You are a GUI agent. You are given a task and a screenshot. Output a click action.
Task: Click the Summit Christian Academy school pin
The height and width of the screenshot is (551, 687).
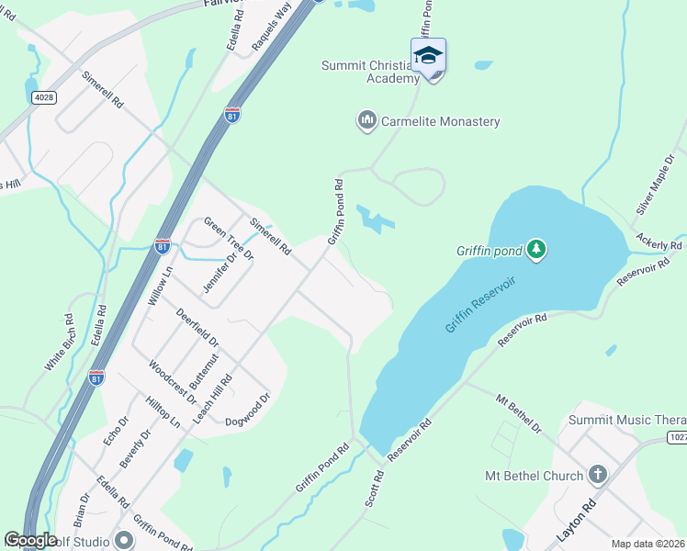tap(428, 57)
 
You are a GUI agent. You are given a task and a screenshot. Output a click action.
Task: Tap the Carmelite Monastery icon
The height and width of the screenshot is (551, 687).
tap(366, 121)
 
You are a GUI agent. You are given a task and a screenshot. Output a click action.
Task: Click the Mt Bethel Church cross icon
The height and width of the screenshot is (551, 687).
tap(597, 476)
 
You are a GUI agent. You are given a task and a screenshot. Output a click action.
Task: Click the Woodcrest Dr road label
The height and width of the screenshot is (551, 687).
tap(173, 380)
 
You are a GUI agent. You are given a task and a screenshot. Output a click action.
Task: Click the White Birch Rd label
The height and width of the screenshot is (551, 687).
tap(59, 343)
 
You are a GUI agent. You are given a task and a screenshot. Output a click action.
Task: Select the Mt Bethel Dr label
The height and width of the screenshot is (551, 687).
tap(519, 414)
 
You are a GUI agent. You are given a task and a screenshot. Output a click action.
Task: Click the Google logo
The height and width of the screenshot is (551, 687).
tap(30, 540)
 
